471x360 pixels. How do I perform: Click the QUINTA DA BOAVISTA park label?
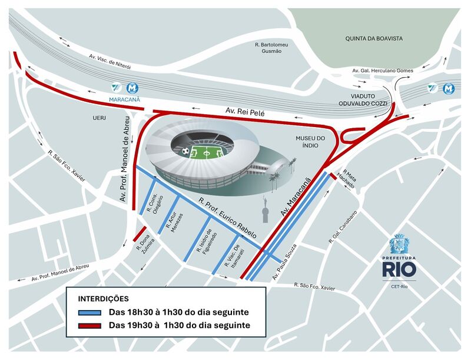coord(374,38)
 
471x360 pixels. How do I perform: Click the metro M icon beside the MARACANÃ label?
coord(132,88)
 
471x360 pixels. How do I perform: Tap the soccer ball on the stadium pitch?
coord(186,152)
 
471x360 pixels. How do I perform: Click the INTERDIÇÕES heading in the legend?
coord(103,299)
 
